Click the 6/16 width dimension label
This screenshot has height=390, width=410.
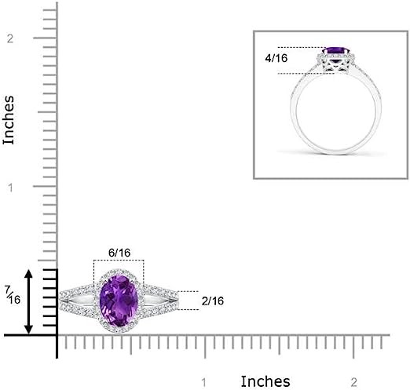(119, 253)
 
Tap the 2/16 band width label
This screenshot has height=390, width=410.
(213, 301)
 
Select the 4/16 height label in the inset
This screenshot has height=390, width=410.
(276, 58)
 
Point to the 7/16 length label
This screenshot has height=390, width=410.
(13, 295)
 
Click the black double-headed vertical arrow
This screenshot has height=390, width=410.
(28, 302)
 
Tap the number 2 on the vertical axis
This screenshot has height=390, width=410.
(10, 38)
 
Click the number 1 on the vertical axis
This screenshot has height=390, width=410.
(10, 188)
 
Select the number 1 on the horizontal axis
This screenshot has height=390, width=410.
(203, 383)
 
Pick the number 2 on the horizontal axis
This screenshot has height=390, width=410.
(353, 382)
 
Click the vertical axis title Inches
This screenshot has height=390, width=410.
(9, 120)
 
